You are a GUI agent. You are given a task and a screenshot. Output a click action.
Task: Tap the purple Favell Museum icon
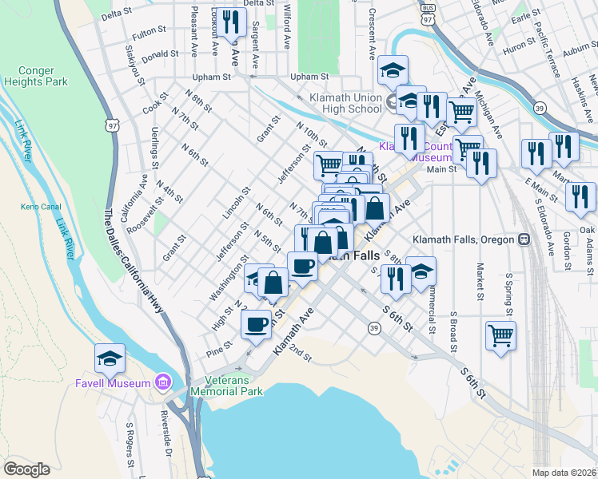pos(165,383)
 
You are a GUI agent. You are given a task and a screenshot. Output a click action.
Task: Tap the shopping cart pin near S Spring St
pos(500,335)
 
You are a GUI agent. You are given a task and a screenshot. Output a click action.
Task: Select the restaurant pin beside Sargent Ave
pos(231,22)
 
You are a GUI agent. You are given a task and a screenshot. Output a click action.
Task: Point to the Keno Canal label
pos(36,208)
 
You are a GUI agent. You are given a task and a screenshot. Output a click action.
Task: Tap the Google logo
pos(26,469)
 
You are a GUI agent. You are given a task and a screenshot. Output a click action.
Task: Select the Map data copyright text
pos(564,473)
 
